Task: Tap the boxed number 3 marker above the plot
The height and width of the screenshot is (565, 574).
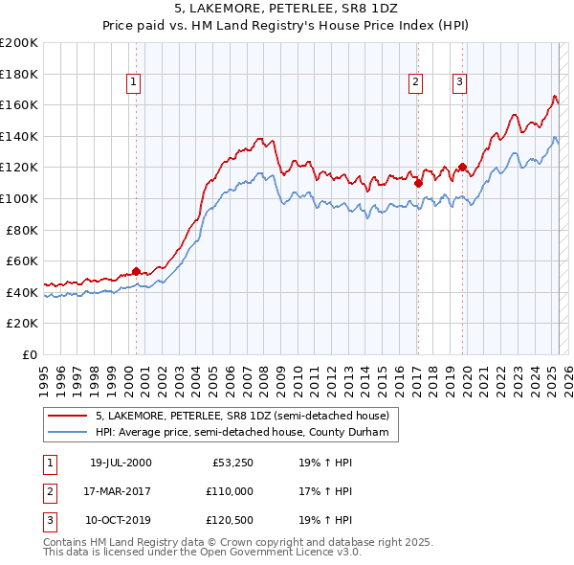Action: (460, 83)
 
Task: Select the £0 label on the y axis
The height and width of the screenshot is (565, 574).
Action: (30, 354)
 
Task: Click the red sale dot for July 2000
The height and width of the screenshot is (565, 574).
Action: (136, 271)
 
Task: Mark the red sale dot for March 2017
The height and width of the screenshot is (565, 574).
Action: (418, 183)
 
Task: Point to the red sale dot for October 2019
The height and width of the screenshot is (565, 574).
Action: (462, 167)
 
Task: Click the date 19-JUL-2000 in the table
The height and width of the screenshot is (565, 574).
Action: (121, 463)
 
